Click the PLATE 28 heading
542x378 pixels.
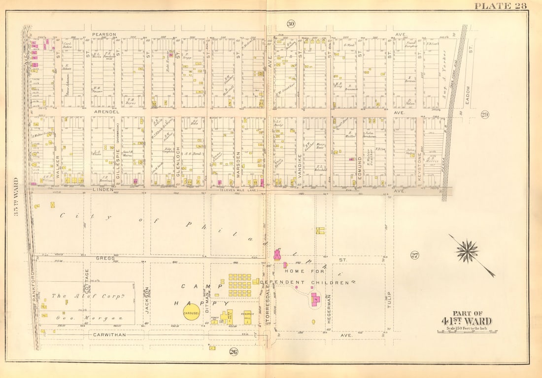[500, 6]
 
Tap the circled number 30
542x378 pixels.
[291, 24]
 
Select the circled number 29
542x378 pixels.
[484, 114]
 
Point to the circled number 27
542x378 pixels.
[414, 255]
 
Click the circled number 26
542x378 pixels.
[233, 351]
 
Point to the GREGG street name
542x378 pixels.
[105, 258]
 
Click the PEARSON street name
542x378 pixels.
[104, 35]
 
